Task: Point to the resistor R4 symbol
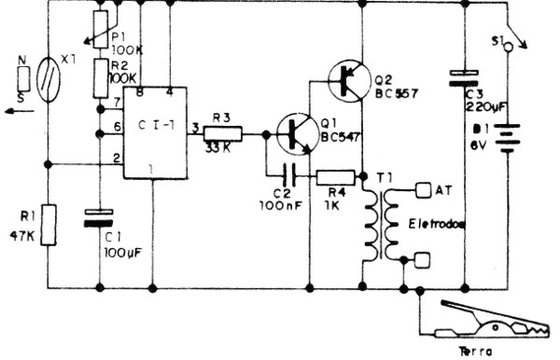335,174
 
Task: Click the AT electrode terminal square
422,191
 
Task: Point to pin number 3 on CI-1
193,127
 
